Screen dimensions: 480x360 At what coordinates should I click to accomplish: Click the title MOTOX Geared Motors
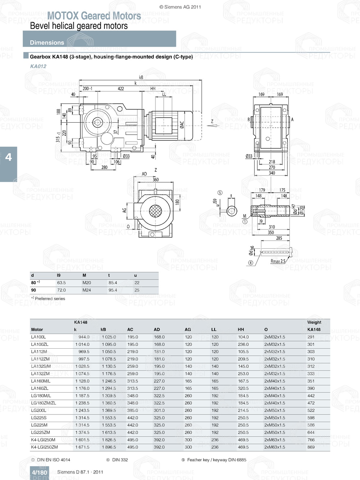point(94,16)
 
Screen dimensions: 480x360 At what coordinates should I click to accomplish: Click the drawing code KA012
point(38,66)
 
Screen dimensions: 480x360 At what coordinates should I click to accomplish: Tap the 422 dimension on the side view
point(121,89)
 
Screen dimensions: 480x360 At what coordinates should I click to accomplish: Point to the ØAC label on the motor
point(182,124)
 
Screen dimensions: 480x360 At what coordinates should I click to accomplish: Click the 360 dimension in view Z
point(156,180)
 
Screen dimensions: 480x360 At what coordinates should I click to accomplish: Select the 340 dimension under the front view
point(272,173)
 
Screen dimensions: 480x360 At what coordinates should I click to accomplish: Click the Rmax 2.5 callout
point(278,261)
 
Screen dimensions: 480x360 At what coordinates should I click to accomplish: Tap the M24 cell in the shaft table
point(87,290)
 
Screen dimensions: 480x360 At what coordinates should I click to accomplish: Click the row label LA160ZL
point(40,388)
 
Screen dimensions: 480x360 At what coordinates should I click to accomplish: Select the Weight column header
point(314,322)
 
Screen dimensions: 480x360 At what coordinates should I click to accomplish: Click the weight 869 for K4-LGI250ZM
point(311,447)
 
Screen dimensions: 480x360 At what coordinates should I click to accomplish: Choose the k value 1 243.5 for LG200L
point(82,411)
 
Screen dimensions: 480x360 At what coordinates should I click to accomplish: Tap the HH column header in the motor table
point(241,330)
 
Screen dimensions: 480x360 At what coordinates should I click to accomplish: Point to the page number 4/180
point(39,472)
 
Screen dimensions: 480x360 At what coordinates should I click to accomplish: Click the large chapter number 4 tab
point(8,157)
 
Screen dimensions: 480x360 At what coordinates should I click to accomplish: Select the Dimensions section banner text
point(47,42)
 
